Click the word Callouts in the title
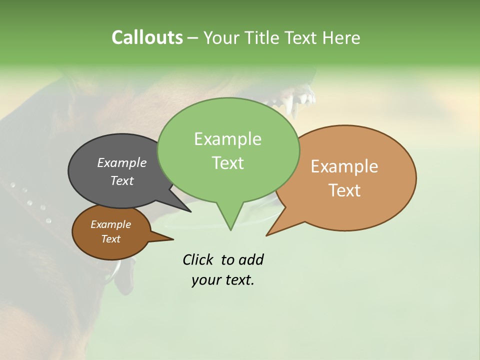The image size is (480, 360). pyautogui.click(x=147, y=37)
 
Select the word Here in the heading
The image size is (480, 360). pyautogui.click(x=341, y=38)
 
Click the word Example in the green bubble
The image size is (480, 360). pyautogui.click(x=227, y=139)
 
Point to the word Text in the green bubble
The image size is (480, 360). pyautogui.click(x=227, y=163)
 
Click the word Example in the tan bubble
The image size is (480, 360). pyautogui.click(x=344, y=166)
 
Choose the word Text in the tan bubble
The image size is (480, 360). pyautogui.click(x=344, y=190)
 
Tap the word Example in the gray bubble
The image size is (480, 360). pyautogui.click(x=122, y=162)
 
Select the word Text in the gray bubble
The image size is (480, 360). pyautogui.click(x=122, y=180)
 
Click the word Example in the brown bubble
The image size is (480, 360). pyautogui.click(x=110, y=224)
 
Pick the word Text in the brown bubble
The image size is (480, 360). pyautogui.click(x=110, y=239)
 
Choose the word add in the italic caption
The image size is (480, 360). pyautogui.click(x=251, y=259)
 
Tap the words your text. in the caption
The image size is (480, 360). pyautogui.click(x=223, y=280)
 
